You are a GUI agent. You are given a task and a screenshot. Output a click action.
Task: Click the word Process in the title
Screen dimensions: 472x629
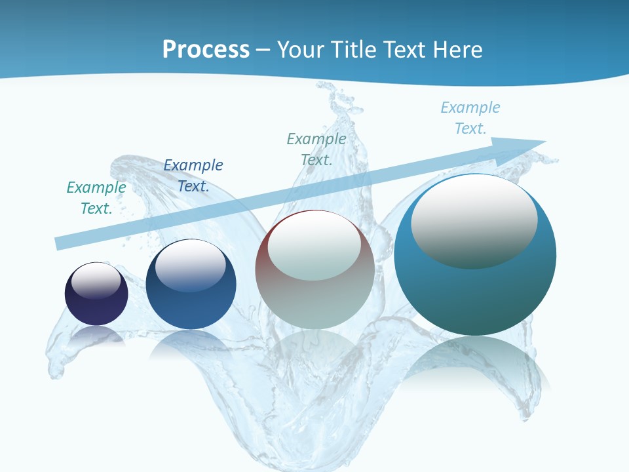tap(206, 49)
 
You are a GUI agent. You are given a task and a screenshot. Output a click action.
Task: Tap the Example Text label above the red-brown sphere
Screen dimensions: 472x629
tap(316, 149)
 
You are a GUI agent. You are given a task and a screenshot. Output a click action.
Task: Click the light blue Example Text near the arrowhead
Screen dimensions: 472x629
tap(470, 118)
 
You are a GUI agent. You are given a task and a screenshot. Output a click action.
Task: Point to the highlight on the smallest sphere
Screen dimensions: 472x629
tap(96, 281)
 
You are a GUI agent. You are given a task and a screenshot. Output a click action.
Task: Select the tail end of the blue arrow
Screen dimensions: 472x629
tap(59, 243)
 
